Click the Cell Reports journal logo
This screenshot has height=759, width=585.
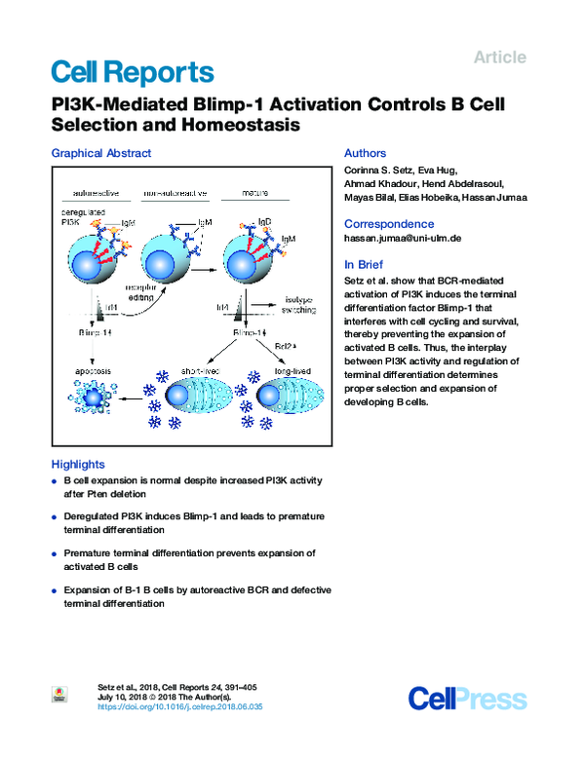(132, 71)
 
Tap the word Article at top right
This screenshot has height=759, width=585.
(499, 57)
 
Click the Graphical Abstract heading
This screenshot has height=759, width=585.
(100, 153)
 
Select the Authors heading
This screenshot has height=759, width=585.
(366, 153)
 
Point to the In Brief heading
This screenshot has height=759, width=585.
(365, 264)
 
